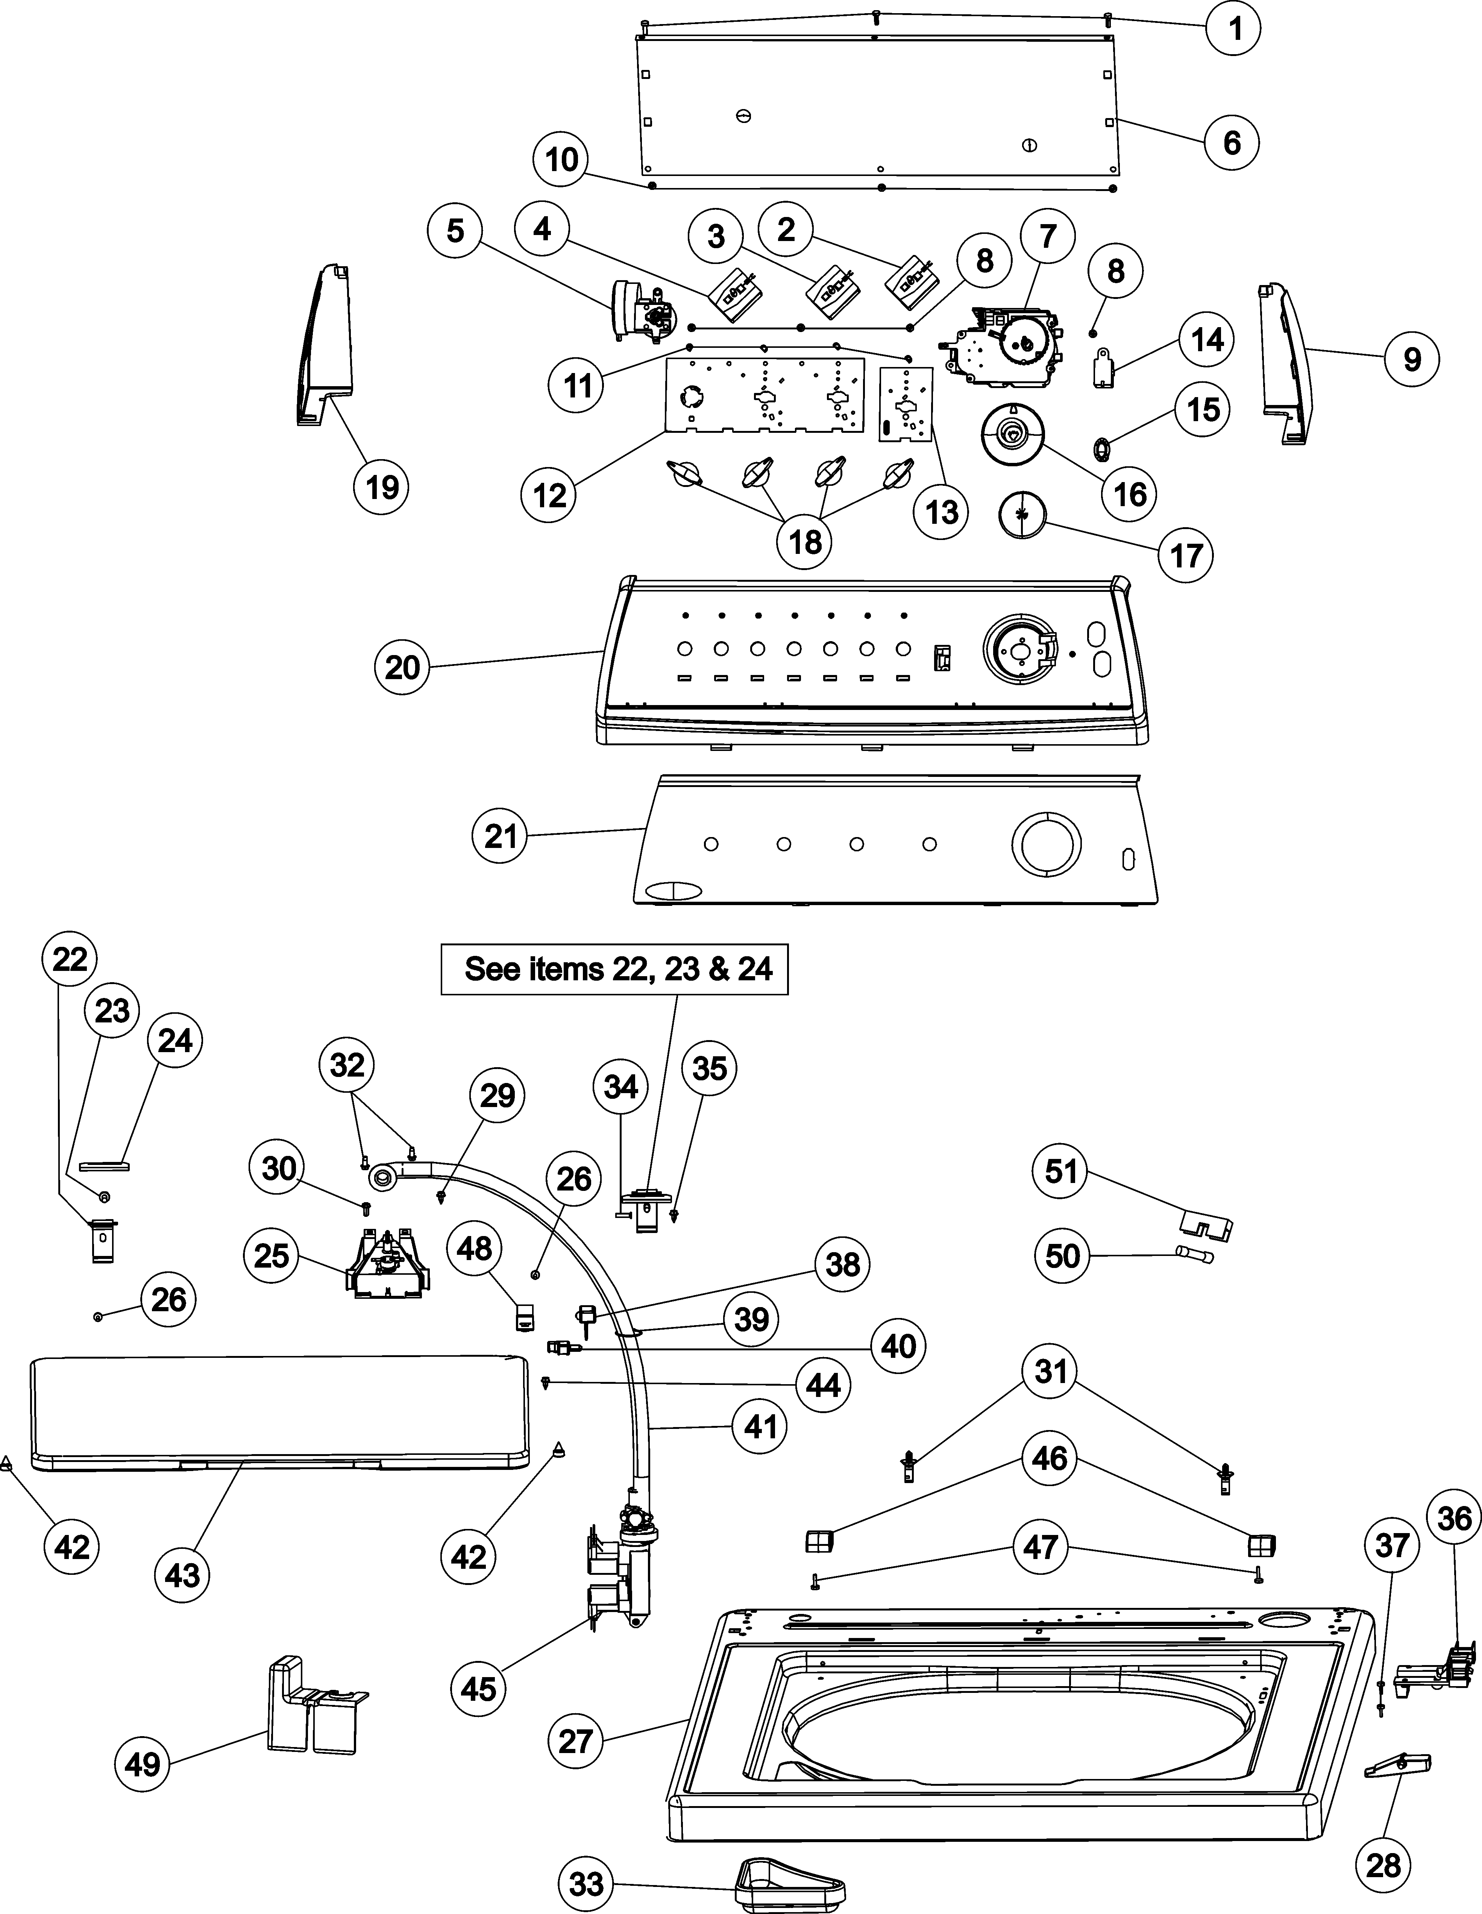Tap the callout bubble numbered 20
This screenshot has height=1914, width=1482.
pyautogui.click(x=402, y=668)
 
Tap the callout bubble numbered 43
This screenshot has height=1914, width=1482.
pyautogui.click(x=182, y=1576)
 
